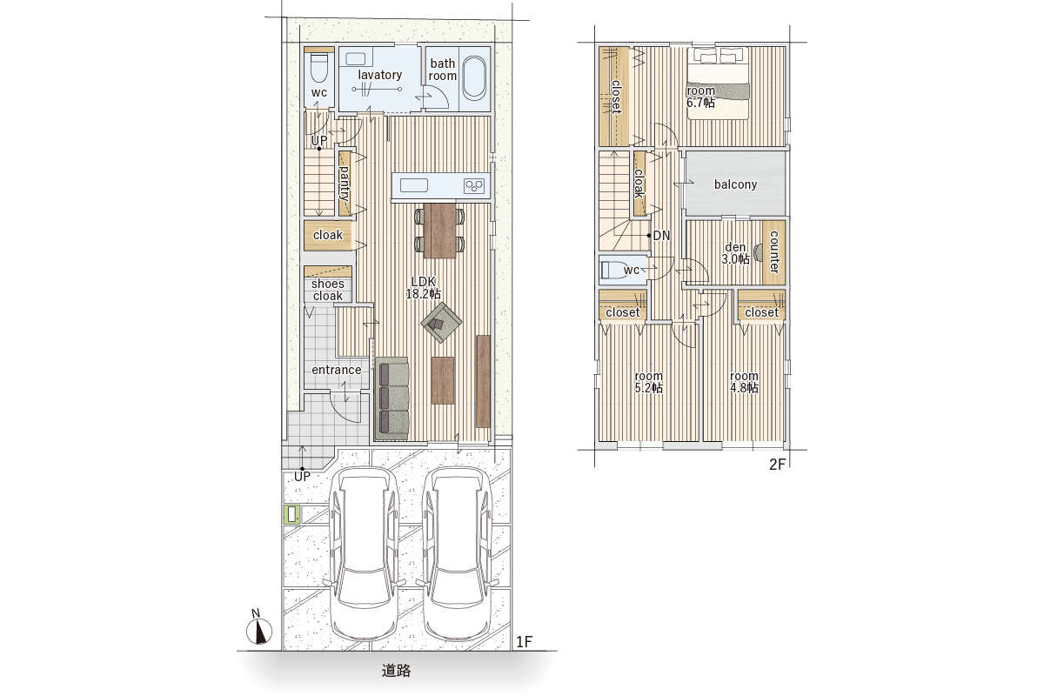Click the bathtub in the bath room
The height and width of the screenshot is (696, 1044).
tap(474, 78)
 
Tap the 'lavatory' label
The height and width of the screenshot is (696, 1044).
tap(380, 75)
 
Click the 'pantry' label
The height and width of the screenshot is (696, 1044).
tap(345, 184)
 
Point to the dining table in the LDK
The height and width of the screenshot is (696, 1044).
tap(439, 231)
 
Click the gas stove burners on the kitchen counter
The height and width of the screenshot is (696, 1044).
tap(473, 186)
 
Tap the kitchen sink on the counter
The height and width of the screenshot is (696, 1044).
tap(414, 185)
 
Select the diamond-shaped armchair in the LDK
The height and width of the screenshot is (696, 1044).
tap(441, 322)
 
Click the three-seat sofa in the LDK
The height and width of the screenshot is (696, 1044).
tap(392, 398)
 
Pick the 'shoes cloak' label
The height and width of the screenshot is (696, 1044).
tap(328, 290)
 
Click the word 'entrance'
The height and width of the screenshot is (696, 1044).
tap(337, 370)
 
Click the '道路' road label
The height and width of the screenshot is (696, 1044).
tap(396, 671)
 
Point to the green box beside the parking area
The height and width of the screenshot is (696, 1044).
tap(291, 515)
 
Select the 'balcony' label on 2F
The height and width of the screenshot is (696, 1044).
tap(735, 184)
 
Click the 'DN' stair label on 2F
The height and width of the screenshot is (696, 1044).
tap(661, 236)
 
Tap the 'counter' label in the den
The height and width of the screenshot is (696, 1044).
tap(774, 251)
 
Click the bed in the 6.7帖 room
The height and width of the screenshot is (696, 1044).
tap(719, 83)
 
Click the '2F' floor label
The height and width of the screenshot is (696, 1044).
tap(778, 465)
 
